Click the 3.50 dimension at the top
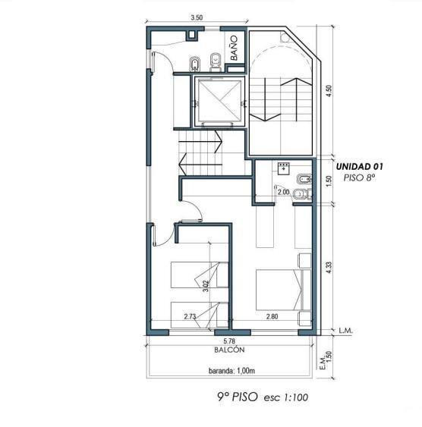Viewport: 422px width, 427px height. click(197, 17)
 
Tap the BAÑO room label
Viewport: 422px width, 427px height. click(234, 48)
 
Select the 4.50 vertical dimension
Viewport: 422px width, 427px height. click(329, 91)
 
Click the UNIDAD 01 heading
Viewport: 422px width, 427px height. click(359, 166)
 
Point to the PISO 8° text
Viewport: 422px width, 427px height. click(359, 177)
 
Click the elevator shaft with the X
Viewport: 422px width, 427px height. click(219, 101)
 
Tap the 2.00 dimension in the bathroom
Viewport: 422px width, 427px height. click(283, 192)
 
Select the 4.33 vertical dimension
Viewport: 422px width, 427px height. click(329, 268)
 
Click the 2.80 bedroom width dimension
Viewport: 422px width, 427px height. click(272, 316)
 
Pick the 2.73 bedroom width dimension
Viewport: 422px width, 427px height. click(190, 316)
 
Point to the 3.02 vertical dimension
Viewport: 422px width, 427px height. click(206, 286)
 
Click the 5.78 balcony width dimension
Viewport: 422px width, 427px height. click(229, 341)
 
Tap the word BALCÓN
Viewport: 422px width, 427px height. click(229, 350)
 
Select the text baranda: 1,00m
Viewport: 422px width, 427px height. click(231, 371)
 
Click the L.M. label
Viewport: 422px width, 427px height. click(345, 331)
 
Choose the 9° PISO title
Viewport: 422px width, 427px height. click(238, 397)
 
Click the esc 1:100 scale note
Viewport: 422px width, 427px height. click(286, 397)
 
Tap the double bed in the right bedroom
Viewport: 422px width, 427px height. click(283, 290)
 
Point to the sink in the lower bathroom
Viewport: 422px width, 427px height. click(284, 168)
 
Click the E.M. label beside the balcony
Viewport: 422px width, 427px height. click(323, 363)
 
